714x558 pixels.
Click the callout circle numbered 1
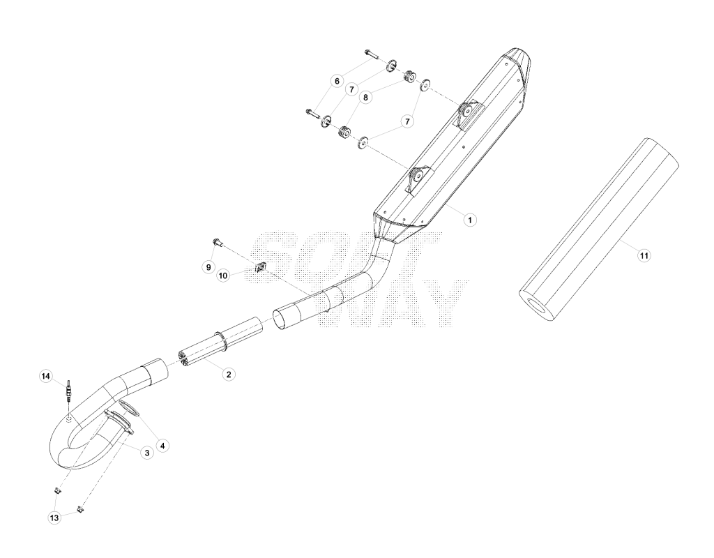pyautogui.click(x=469, y=220)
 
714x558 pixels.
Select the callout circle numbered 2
pyautogui.click(x=229, y=375)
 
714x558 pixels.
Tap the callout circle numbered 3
pyautogui.click(x=146, y=453)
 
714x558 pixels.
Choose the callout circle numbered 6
pyautogui.click(x=337, y=82)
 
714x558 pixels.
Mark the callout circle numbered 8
pyautogui.click(x=365, y=97)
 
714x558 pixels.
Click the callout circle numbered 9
pyautogui.click(x=208, y=267)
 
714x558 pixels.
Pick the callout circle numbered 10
pyautogui.click(x=223, y=276)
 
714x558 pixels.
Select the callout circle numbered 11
pyautogui.click(x=644, y=255)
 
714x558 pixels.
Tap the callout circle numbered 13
pyautogui.click(x=54, y=518)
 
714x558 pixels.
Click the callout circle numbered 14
pyautogui.click(x=45, y=376)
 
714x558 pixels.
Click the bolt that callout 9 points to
pyautogui.click(x=218, y=242)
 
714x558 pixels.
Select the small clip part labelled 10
pyautogui.click(x=261, y=268)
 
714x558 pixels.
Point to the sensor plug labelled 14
pyautogui.click(x=69, y=391)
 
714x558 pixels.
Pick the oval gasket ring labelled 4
pyautogui.click(x=128, y=409)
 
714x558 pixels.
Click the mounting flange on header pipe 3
pyautogui.click(x=119, y=422)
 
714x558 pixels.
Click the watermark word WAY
pyautogui.click(x=393, y=303)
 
